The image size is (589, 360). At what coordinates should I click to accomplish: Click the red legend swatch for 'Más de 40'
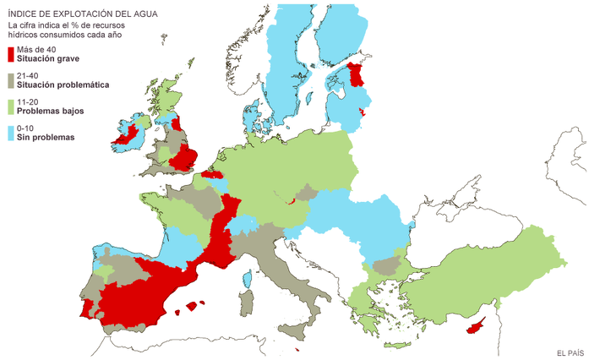pyautogui.click(x=11, y=55)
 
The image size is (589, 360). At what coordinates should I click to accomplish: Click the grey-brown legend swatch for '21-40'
pyautogui.click(x=11, y=80)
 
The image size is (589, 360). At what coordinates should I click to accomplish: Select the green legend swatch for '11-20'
pyautogui.click(x=11, y=106)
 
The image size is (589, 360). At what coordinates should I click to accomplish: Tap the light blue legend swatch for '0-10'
pyautogui.click(x=11, y=133)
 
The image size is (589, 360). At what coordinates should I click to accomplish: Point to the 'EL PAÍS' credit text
pyautogui.click(x=570, y=352)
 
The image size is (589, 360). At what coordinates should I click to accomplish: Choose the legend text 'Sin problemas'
pyautogui.click(x=46, y=137)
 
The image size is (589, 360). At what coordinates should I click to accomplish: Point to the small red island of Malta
pyautogui.click(x=298, y=349)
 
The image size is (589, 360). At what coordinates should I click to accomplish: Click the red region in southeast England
pyautogui.click(x=185, y=158)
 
